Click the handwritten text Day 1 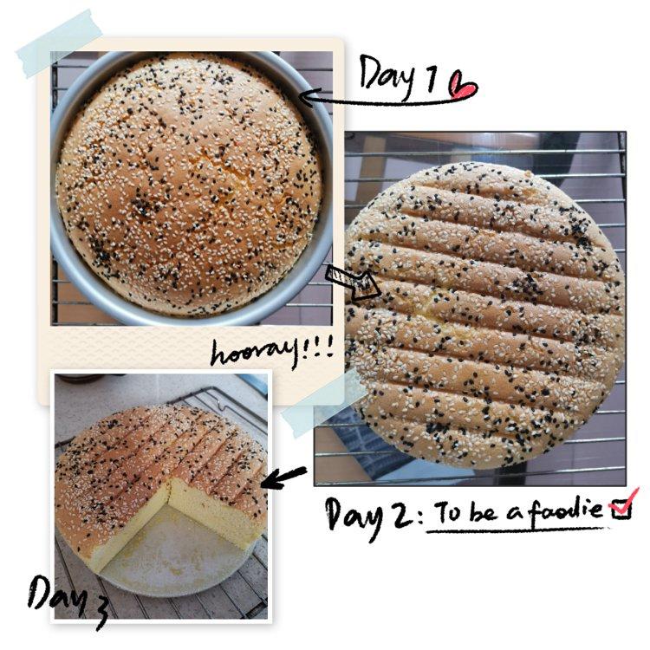(398, 76)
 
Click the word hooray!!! (271, 354)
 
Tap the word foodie (567, 510)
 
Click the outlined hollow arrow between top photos (353, 283)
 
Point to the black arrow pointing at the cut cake (284, 478)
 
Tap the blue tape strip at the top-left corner (59, 43)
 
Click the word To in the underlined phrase (449, 512)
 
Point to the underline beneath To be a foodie (516, 530)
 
